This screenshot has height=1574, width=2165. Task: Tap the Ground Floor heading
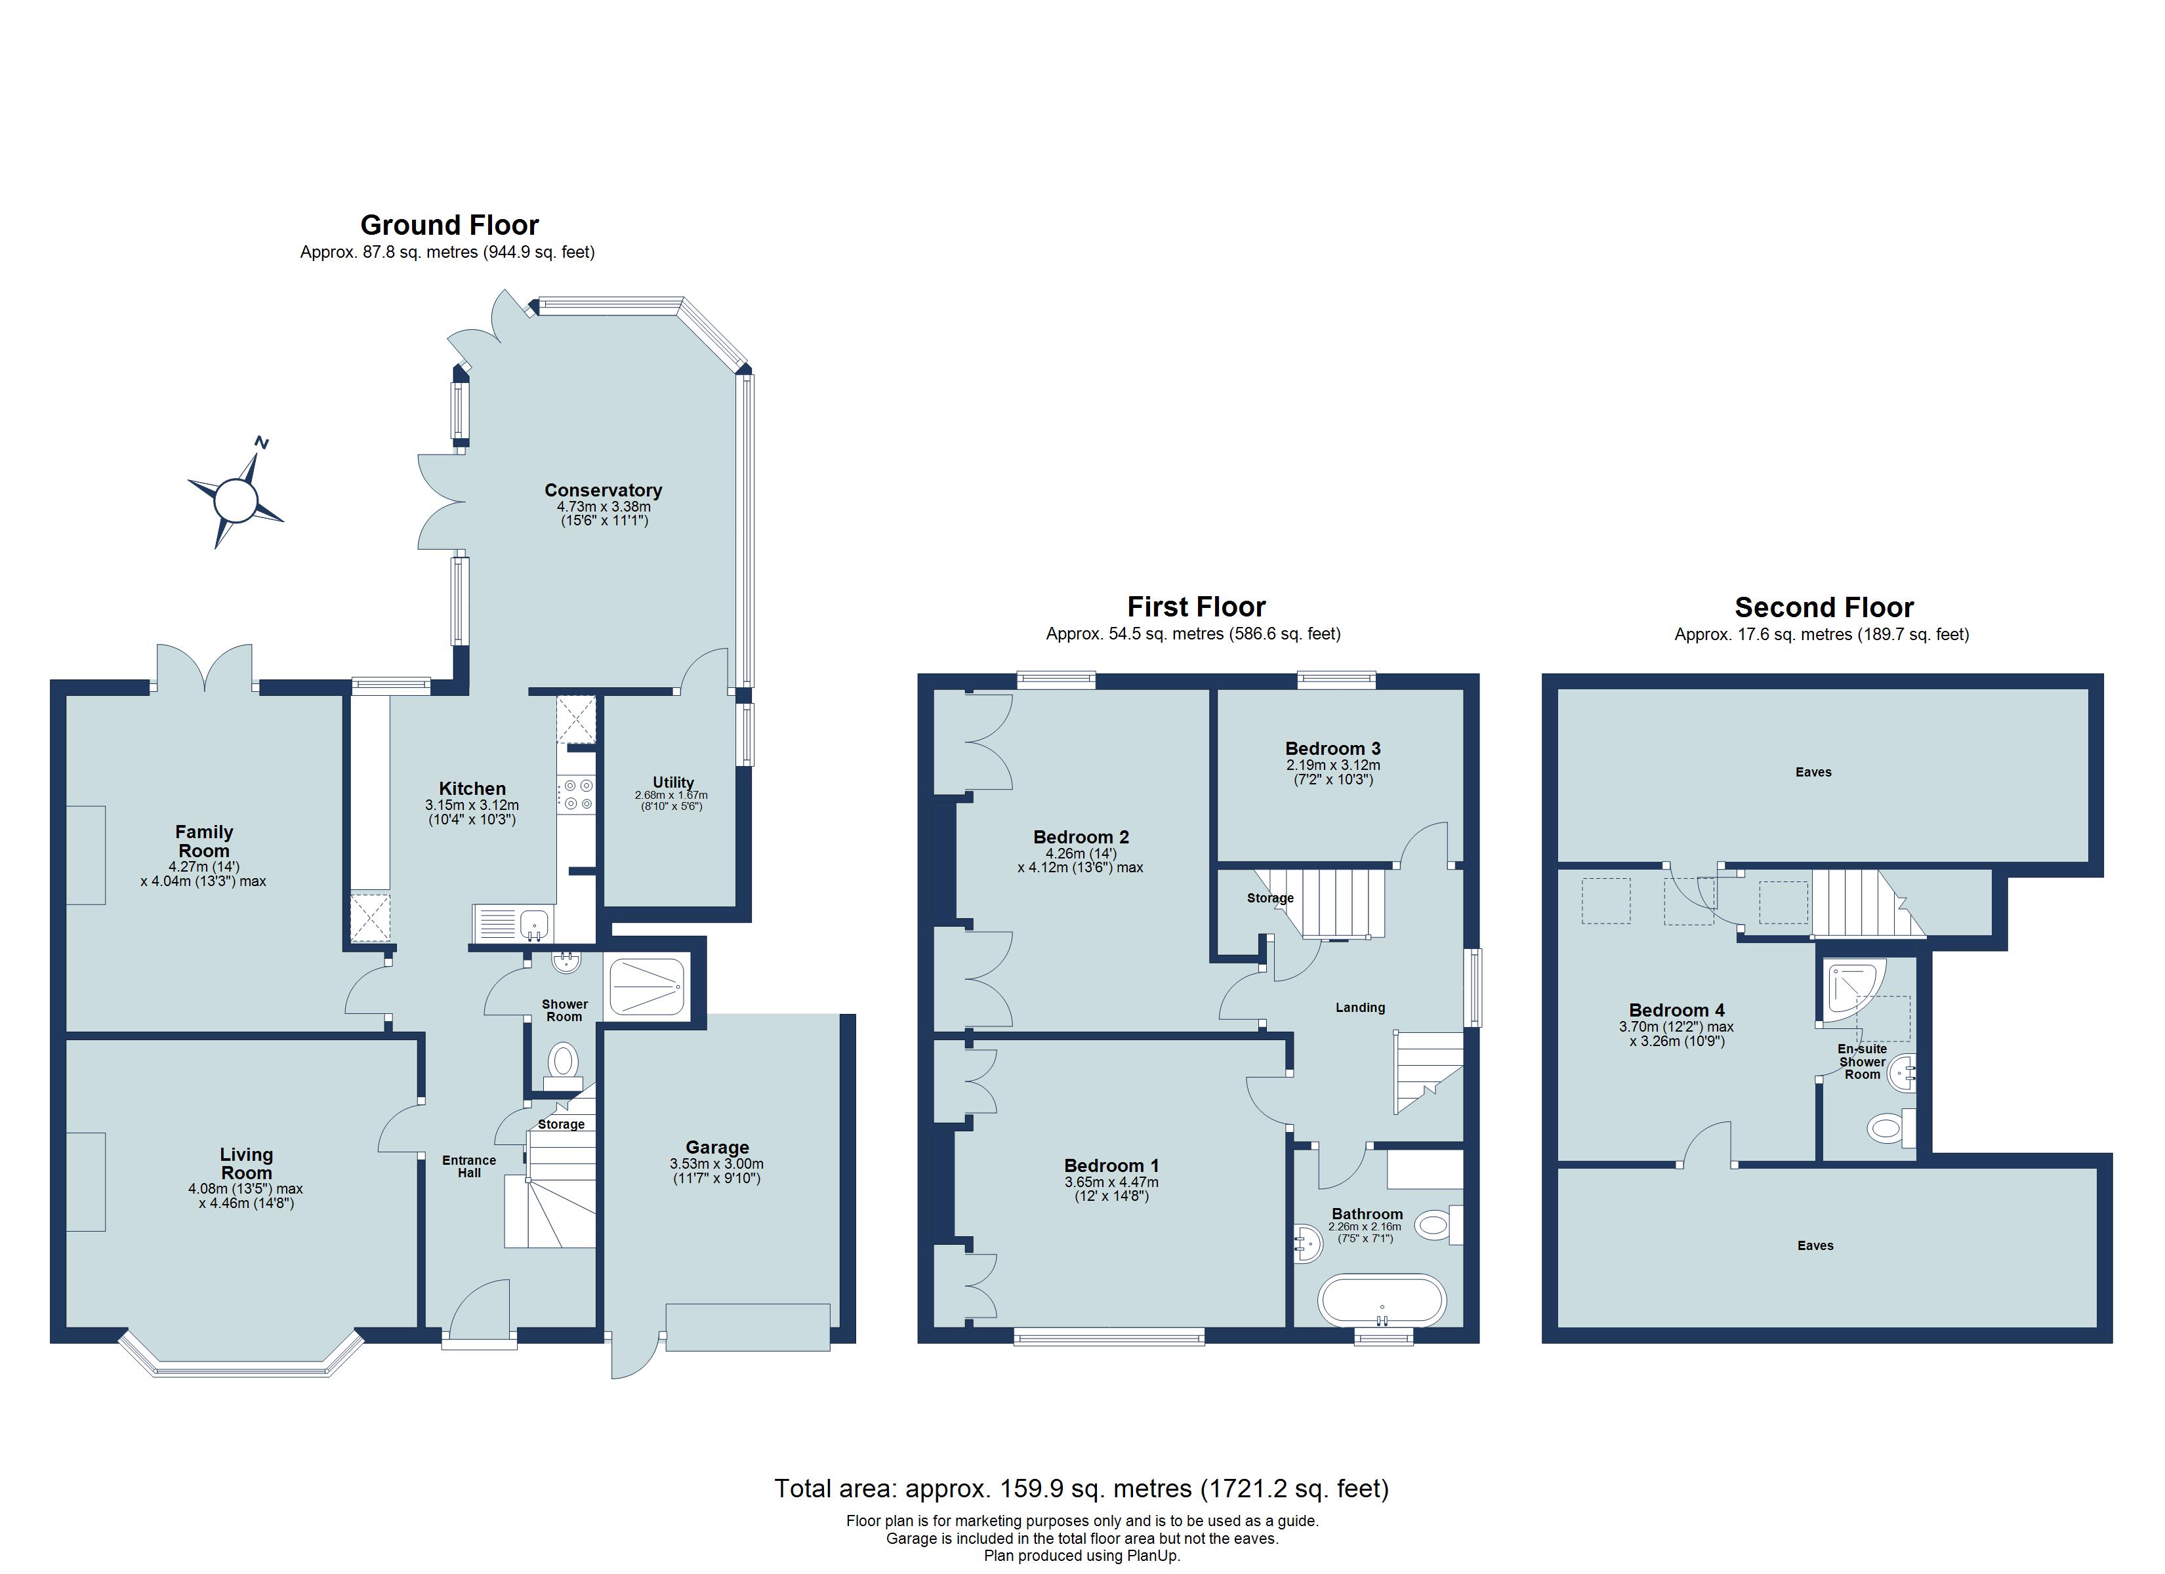[x=449, y=225]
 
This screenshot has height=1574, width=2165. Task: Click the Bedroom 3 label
[x=1332, y=748]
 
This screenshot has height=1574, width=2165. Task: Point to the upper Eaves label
[x=1813, y=772]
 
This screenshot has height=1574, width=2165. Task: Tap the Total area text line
[x=1081, y=1488]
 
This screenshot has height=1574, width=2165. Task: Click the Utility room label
[x=673, y=782]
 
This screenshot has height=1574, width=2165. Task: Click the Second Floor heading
[x=1823, y=607]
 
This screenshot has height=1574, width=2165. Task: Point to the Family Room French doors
[x=204, y=668]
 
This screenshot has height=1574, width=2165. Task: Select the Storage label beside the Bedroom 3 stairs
[x=1269, y=898]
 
